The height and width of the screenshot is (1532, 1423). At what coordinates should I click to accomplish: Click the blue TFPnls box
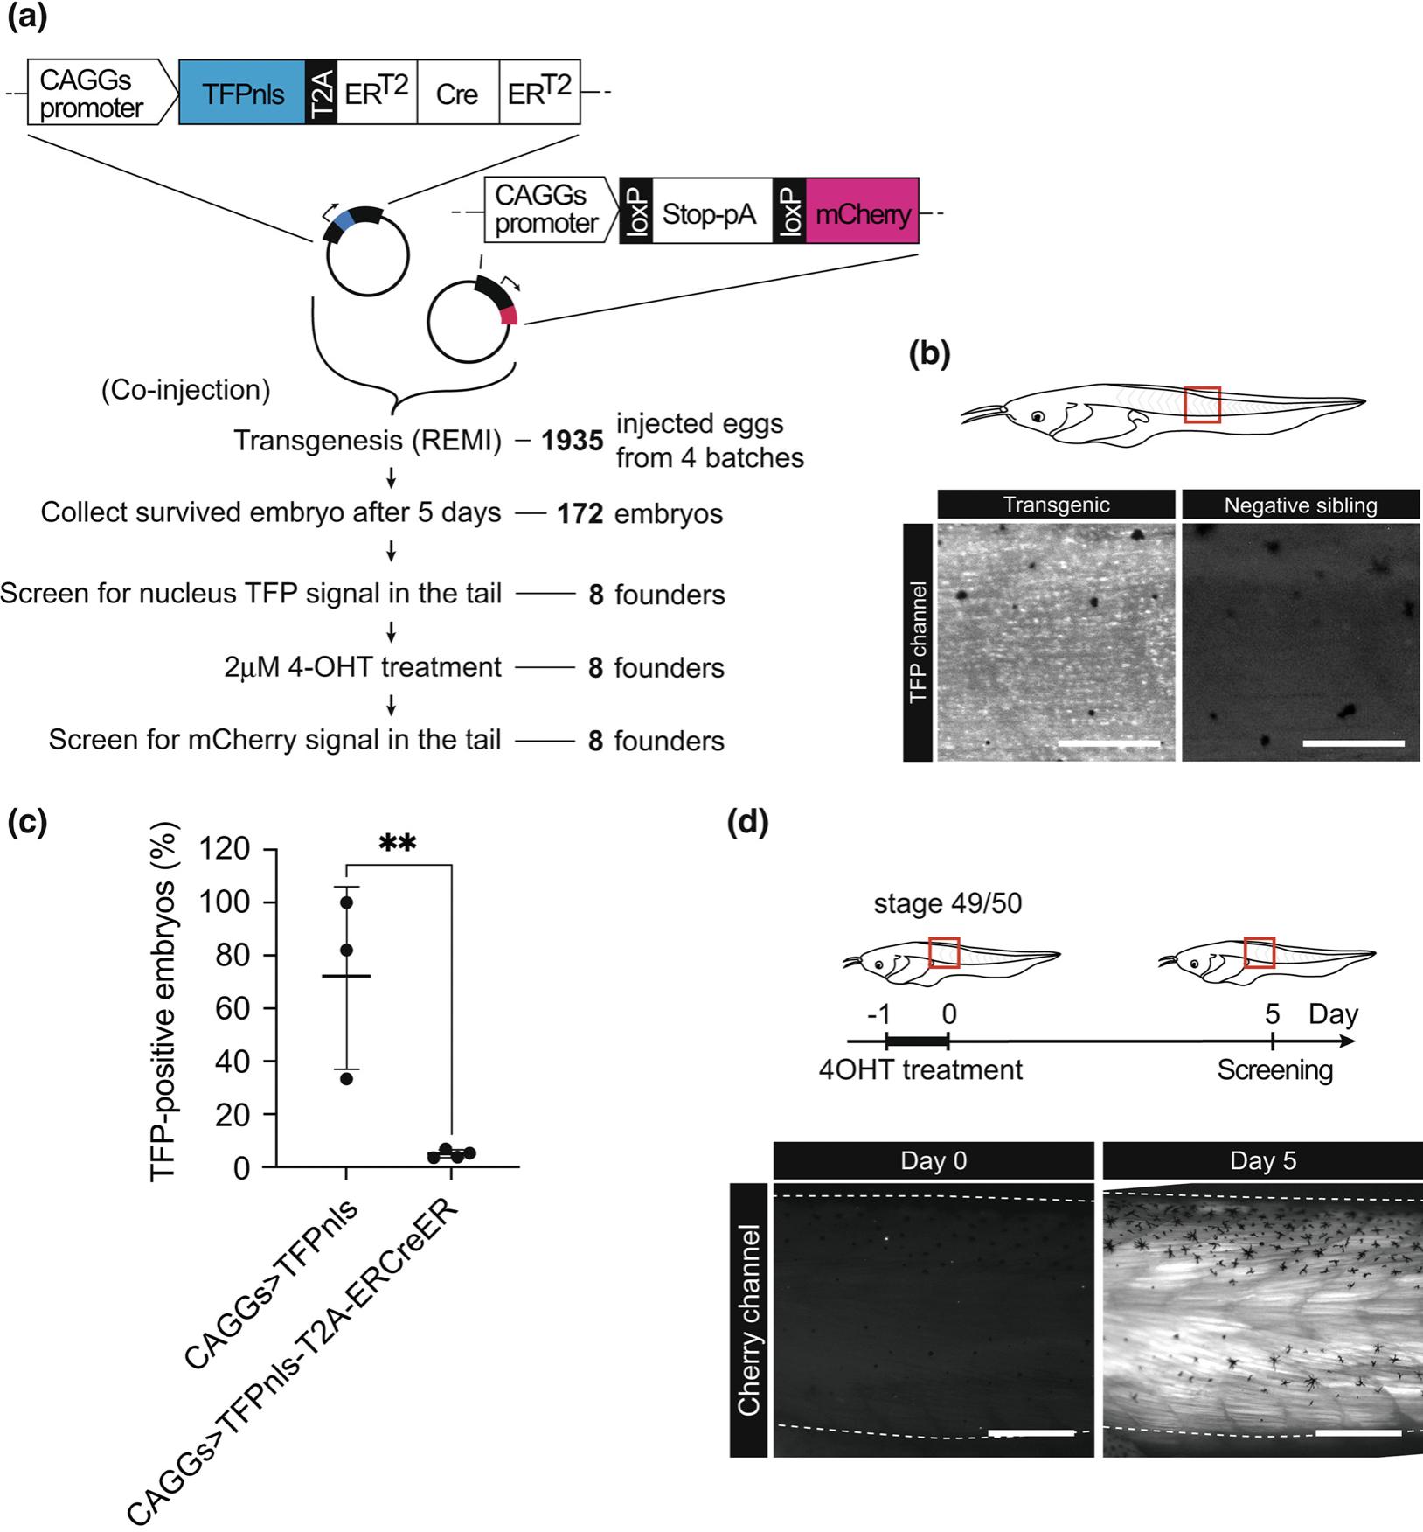242,93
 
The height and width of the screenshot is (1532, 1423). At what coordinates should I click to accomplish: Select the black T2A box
321,93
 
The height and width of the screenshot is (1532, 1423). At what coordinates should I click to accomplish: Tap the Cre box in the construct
457,93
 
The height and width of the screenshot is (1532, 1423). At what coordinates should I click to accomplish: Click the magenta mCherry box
862,211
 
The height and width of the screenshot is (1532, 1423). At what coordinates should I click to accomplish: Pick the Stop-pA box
709,211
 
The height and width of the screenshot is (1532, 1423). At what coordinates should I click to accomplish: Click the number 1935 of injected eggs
572,441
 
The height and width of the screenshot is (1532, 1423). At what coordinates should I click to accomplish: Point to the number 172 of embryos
580,513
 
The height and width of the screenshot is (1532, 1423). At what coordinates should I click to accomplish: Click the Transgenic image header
1056,505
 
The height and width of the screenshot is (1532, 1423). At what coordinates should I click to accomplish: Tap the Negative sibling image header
1301,505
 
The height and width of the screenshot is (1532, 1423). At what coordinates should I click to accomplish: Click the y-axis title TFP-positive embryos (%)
164,1005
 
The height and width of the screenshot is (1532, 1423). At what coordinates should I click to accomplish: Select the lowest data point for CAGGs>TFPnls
347,1078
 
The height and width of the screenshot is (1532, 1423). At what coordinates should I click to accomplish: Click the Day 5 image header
1262,1160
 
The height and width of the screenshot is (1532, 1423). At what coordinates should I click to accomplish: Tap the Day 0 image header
934,1160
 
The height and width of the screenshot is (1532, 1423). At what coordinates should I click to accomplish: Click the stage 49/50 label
948,902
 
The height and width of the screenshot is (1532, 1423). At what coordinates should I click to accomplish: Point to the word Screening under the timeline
1274,1069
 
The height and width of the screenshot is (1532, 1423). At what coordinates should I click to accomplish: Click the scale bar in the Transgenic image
1108,744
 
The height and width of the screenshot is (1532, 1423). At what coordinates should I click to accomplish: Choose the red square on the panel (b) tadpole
1202,405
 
